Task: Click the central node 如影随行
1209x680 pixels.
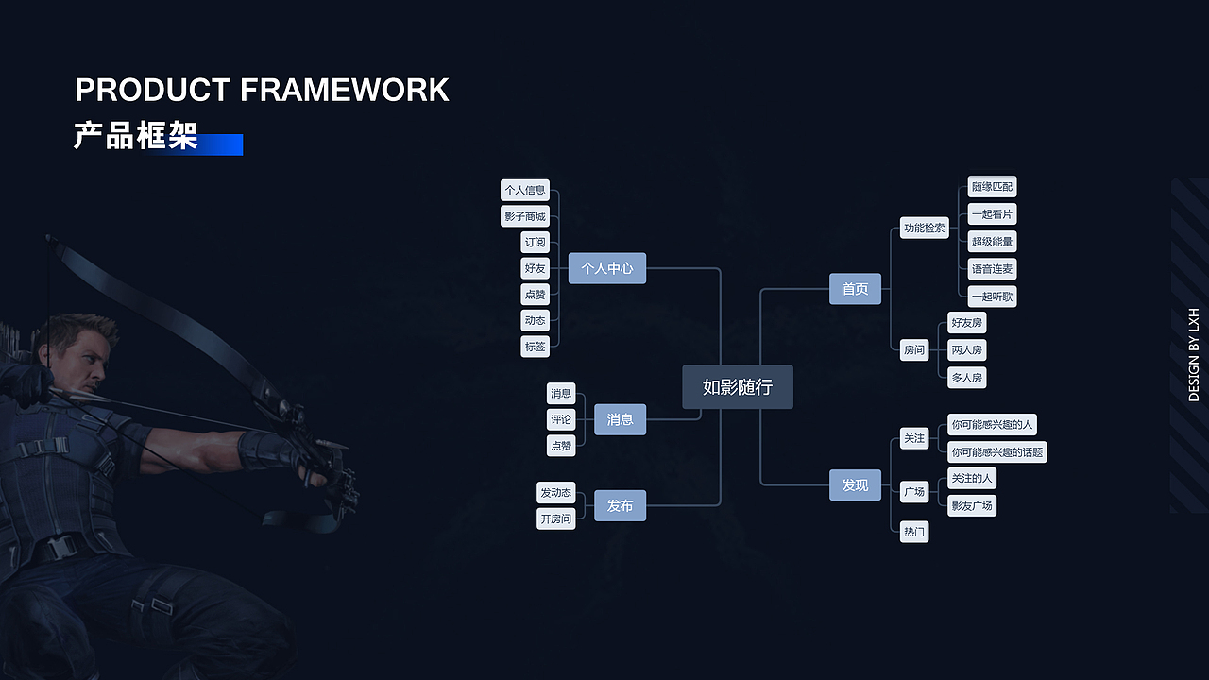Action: pos(738,387)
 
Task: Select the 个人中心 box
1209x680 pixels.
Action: pos(607,268)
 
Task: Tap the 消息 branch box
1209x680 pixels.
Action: pos(620,419)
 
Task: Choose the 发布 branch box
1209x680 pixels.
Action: pos(620,506)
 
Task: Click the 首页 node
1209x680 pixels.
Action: pos(855,289)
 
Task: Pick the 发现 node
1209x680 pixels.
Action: pos(855,484)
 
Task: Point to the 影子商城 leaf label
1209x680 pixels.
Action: pos(524,216)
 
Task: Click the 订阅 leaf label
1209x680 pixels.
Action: pos(535,243)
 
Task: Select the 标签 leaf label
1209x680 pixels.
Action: pos(535,347)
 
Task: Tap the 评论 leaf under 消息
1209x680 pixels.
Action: pos(561,419)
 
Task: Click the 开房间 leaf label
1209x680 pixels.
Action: pos(555,518)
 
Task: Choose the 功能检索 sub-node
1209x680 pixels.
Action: pos(924,228)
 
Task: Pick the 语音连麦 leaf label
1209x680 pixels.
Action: pos(992,269)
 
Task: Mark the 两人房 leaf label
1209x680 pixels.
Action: pos(966,350)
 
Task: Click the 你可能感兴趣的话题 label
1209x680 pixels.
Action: pos(997,451)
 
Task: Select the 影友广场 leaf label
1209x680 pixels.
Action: pos(972,505)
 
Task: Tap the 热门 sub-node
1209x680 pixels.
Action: pos(914,532)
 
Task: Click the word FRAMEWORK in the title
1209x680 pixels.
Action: pos(345,91)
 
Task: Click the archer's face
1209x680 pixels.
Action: pos(85,364)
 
